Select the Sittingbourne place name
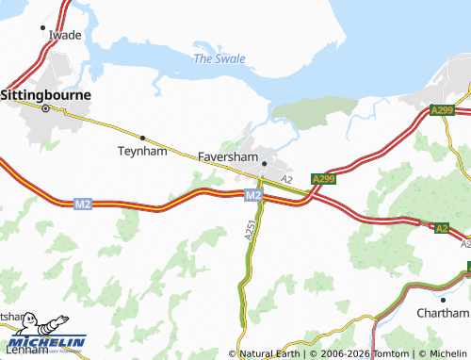click(45, 95)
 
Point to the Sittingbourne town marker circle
click(44, 109)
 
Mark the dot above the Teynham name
click(141, 138)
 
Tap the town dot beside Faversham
click(265, 164)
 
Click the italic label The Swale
click(219, 58)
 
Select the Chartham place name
click(444, 313)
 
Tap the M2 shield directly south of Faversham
click(252, 195)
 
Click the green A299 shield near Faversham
click(323, 178)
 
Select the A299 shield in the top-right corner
click(443, 111)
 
